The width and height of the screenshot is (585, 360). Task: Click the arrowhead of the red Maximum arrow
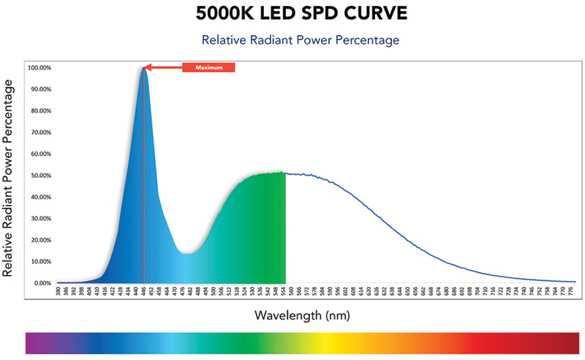click(147, 68)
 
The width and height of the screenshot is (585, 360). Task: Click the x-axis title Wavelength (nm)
click(301, 316)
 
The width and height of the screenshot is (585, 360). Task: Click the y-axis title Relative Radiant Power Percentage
click(10, 179)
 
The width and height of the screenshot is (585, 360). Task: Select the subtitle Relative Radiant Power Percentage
click(301, 40)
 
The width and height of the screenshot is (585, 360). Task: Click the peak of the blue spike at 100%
click(144, 68)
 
